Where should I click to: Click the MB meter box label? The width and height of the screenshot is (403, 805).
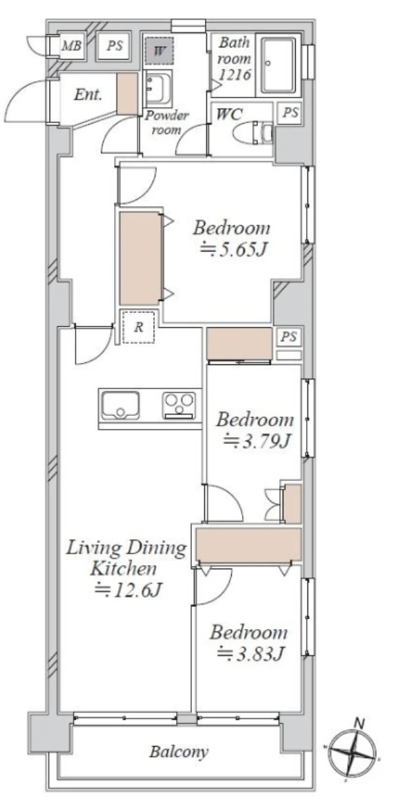click(72, 46)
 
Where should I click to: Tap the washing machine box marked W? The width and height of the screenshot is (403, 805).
click(159, 50)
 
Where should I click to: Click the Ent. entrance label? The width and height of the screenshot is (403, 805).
click(88, 94)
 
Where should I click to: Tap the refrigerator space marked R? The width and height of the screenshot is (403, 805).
click(138, 327)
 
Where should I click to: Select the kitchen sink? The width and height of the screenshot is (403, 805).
click(120, 406)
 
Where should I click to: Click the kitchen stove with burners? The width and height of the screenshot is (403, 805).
click(179, 405)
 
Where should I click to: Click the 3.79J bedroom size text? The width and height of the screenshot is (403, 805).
click(257, 441)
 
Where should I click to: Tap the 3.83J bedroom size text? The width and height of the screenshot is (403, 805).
click(251, 653)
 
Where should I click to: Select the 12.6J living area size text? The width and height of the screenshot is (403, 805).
click(129, 591)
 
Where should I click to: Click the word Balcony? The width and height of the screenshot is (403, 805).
click(179, 752)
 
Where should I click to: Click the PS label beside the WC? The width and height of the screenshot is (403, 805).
click(290, 113)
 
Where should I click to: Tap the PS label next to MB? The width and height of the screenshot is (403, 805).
click(115, 46)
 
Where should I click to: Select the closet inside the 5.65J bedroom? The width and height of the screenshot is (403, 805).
click(140, 258)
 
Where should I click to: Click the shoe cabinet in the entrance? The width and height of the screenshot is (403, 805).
click(127, 93)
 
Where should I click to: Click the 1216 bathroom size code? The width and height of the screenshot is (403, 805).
click(235, 75)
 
